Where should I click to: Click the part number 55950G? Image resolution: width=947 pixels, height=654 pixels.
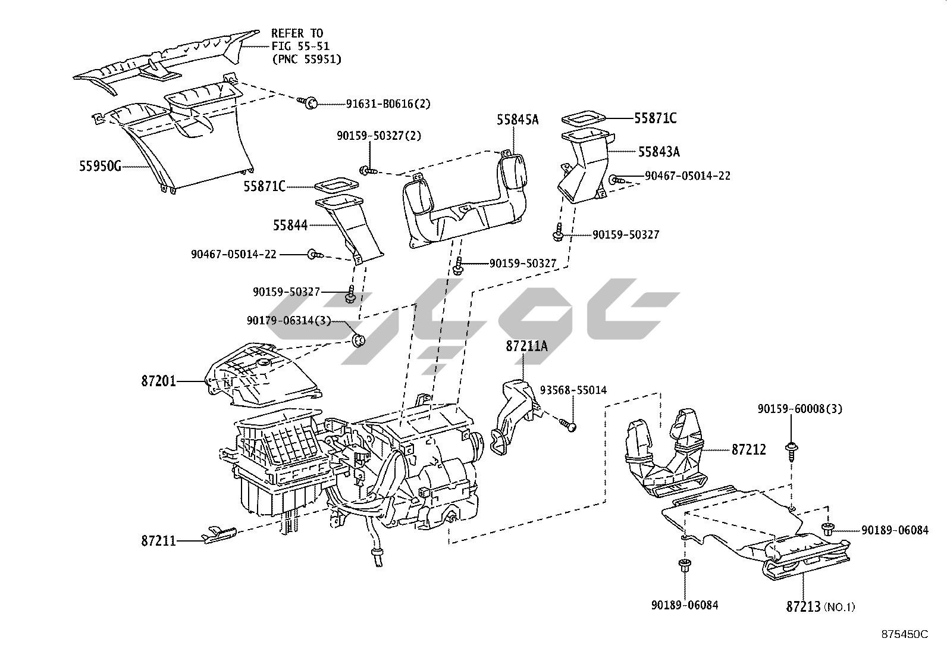[x=100, y=167]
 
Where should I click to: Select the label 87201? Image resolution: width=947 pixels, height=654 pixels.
[x=159, y=381]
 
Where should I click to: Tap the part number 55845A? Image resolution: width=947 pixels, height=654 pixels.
[x=518, y=120]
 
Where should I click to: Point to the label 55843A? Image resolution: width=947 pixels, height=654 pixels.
[x=658, y=152]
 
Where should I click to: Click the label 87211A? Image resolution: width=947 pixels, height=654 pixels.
[x=526, y=346]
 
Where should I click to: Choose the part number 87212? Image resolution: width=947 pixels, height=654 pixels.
[x=748, y=450]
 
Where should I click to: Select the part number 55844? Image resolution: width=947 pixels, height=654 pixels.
[x=290, y=225]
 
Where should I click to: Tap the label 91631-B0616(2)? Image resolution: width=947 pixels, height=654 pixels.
[x=388, y=104]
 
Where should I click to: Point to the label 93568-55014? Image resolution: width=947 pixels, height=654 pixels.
[x=573, y=390]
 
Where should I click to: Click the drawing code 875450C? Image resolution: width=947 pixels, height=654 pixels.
[x=904, y=634]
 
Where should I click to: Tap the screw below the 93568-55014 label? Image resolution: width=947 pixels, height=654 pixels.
[x=567, y=425]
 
